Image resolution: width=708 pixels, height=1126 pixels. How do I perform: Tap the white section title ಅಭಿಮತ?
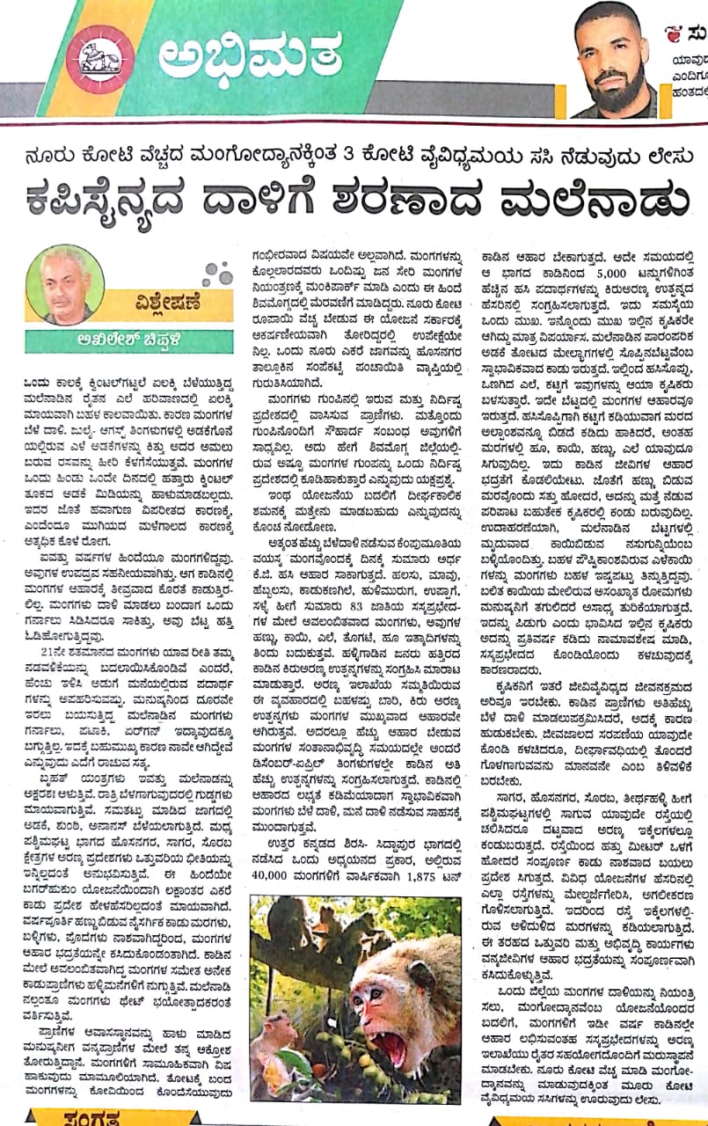pyautogui.click(x=250, y=56)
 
